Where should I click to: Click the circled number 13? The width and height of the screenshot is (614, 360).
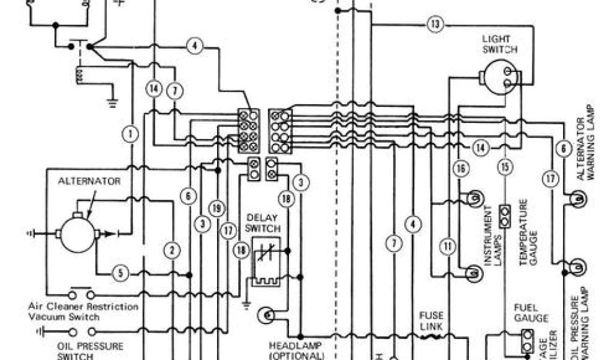pos(435,25)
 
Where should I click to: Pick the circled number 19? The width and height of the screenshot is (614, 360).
pos(216,208)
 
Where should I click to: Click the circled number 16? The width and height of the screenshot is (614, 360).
pos(460,169)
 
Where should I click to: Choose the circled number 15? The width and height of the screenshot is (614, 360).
pos(505,167)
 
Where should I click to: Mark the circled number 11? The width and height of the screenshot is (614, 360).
pos(447,245)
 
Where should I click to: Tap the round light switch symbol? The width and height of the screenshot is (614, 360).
pos(501,77)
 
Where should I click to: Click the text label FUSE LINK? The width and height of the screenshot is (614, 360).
pos(431,320)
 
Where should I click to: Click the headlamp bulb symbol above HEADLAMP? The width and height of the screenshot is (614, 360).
pos(265,314)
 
